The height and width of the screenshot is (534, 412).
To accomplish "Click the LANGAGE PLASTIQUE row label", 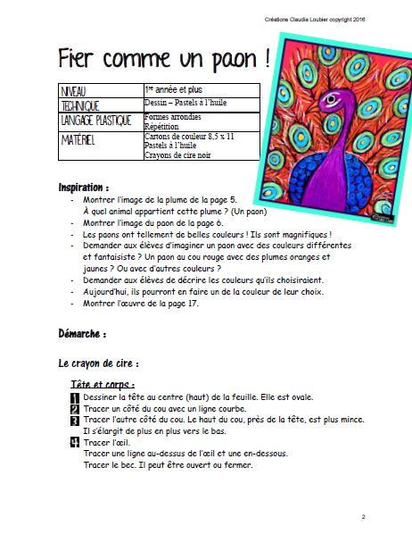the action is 95,121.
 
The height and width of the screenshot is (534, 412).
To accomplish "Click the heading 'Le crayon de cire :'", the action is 98,364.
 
